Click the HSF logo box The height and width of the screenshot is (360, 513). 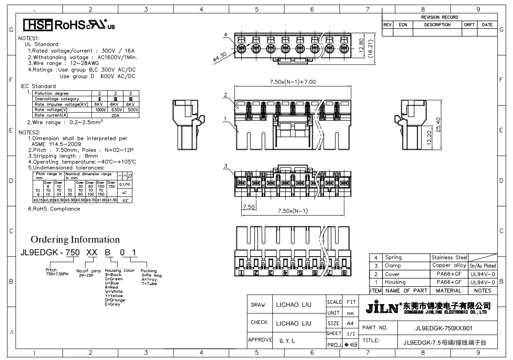(x=38, y=25)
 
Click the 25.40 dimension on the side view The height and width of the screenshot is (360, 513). (x=438, y=126)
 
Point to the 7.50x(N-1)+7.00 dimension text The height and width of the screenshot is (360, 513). (x=293, y=82)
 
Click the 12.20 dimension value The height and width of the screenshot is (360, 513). (x=429, y=137)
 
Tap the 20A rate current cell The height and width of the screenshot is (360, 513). (x=115, y=115)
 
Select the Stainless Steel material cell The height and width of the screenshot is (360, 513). (x=449, y=257)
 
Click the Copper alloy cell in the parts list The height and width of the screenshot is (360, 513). (x=449, y=265)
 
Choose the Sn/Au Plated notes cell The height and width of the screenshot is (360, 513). (x=482, y=265)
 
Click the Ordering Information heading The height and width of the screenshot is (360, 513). (x=75, y=239)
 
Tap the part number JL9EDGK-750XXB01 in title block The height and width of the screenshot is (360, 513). (x=444, y=328)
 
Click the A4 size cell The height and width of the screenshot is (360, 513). (x=350, y=323)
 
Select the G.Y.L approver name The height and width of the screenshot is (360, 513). (x=287, y=341)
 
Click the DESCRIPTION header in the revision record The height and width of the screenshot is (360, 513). (x=437, y=25)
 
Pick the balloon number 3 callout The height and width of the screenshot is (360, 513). (x=226, y=166)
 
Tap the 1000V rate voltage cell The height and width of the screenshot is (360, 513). (x=100, y=110)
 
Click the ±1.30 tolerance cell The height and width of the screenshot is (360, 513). (x=112, y=200)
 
